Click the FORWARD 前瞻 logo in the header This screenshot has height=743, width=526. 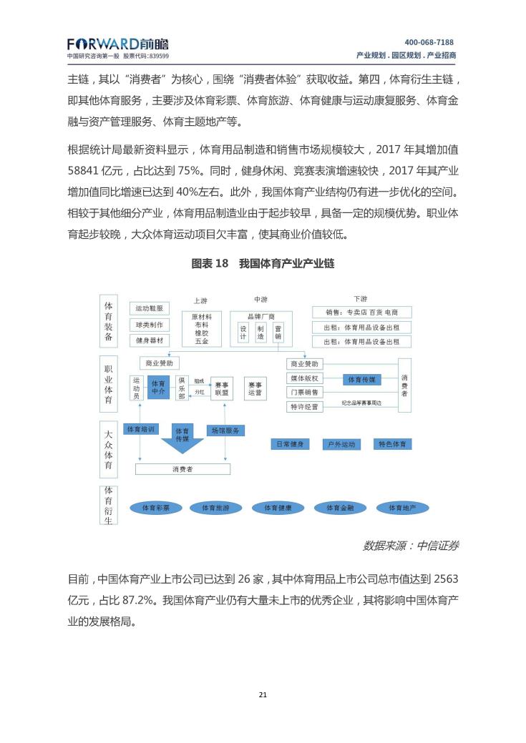coord(118,44)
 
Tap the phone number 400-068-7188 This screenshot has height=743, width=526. coord(429,42)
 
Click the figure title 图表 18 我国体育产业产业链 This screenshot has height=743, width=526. coord(263,264)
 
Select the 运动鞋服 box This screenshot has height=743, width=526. coord(150,308)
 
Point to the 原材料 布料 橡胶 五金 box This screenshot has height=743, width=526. coord(201,329)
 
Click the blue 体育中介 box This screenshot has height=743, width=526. coord(158,388)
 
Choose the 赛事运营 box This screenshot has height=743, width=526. coord(255,388)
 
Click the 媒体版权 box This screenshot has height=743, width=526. coord(304,378)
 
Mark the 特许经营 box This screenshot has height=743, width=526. coord(304,407)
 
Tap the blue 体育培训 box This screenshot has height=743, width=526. coord(140,430)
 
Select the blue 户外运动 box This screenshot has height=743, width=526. coord(339,444)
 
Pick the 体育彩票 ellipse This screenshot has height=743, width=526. coord(156,508)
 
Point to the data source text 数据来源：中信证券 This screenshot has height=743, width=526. coord(410,546)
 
